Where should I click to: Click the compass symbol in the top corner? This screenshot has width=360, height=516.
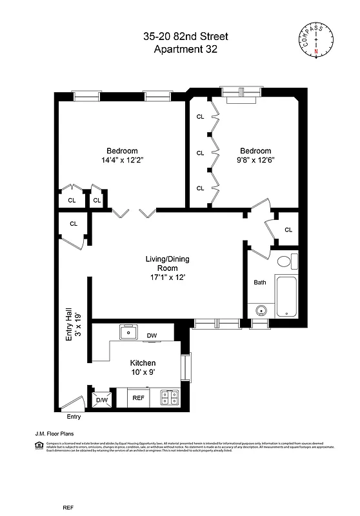(x=315, y=38)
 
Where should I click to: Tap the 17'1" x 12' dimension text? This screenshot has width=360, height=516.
(x=166, y=277)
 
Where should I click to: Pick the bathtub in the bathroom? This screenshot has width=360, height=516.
(x=286, y=296)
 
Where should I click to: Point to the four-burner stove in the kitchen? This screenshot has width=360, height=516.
(x=169, y=399)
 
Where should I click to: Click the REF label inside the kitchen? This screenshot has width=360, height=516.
(x=138, y=399)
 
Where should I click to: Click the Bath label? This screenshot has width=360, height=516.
(x=259, y=283)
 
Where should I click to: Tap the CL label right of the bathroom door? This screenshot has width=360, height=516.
(x=288, y=230)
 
